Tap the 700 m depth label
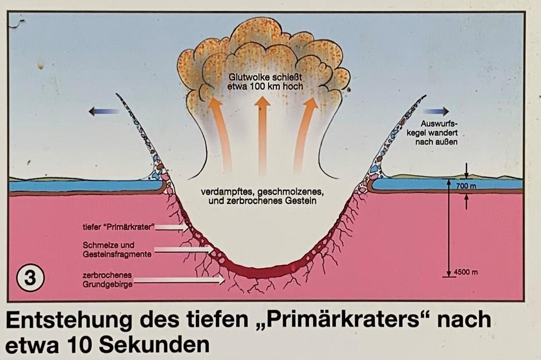coord(466,186)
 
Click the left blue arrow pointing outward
coord(103,112)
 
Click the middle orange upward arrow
coord(263,132)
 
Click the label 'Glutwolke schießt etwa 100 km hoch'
coord(264,82)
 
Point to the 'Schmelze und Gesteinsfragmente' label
coord(109,249)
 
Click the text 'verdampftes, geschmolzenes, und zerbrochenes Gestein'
coord(263,195)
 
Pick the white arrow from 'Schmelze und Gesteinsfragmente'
coord(185,249)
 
